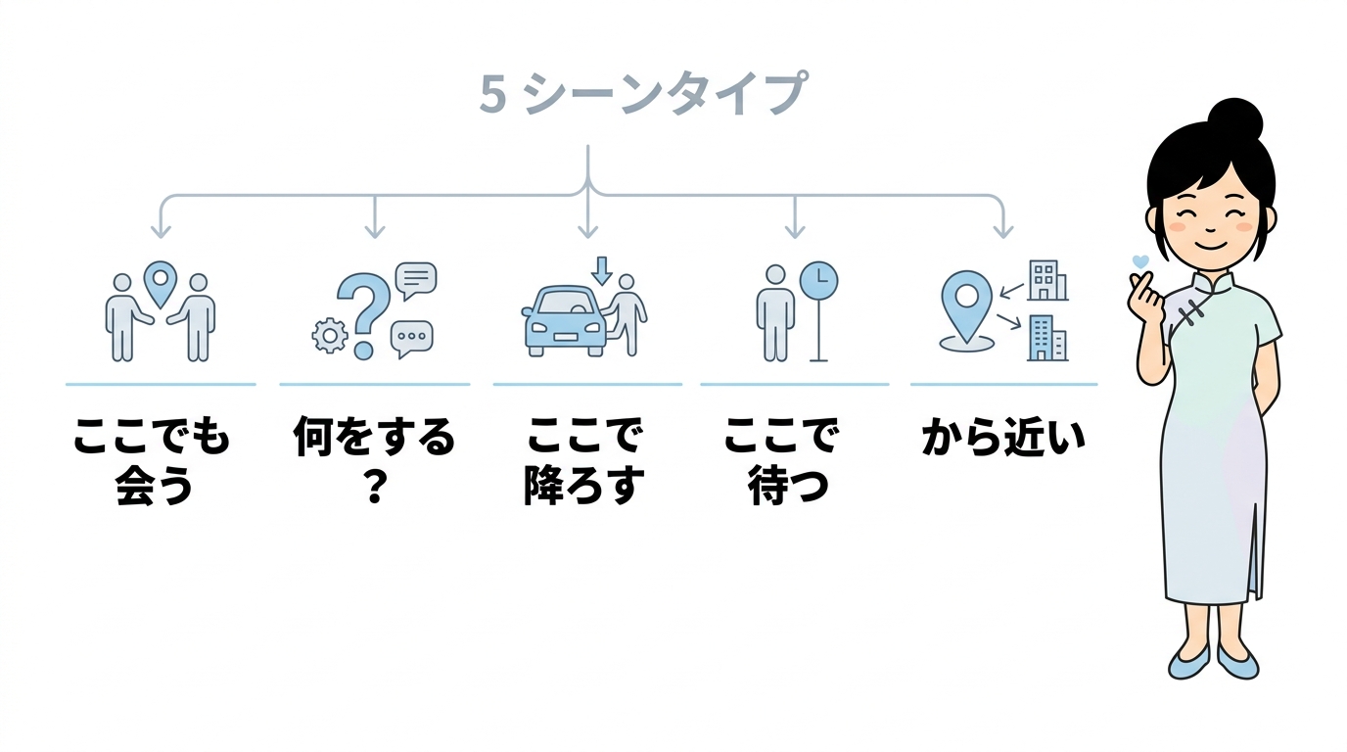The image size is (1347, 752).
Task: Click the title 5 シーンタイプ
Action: pos(642,95)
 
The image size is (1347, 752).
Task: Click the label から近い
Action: pos(1003,438)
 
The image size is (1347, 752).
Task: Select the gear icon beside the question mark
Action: pos(329,336)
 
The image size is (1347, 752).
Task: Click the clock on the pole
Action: pos(818,280)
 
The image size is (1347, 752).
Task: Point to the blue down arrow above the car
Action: pos(601,269)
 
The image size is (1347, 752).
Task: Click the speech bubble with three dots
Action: pos(411,338)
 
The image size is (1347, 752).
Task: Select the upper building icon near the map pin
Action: pos(1046,280)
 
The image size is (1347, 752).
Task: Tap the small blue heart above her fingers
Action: pos(1138,262)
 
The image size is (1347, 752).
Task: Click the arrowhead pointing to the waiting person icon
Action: pos(794,231)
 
